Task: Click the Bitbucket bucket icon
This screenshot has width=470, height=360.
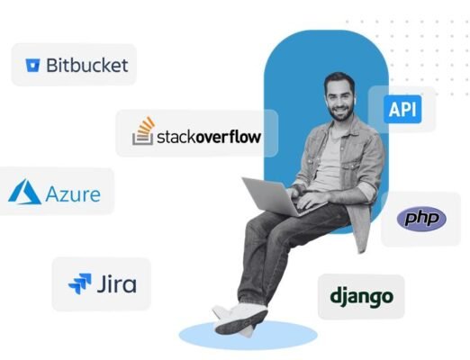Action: (x=32, y=65)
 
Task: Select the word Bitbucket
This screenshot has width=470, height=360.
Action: (x=87, y=65)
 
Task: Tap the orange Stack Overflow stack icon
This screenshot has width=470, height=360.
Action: (x=144, y=130)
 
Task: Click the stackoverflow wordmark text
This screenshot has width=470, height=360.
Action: (x=209, y=137)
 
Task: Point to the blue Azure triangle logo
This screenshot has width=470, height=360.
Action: (x=24, y=192)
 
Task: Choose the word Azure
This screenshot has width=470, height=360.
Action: (x=73, y=194)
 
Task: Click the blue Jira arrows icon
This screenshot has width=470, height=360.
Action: (x=80, y=283)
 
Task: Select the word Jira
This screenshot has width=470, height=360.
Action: (x=117, y=283)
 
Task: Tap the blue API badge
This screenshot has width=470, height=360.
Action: (x=402, y=109)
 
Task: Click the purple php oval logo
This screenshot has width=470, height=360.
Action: (x=421, y=219)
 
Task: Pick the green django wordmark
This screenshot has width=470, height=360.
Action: (x=361, y=296)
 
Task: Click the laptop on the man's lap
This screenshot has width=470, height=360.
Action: (x=276, y=196)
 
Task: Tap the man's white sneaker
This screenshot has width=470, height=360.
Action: (x=240, y=318)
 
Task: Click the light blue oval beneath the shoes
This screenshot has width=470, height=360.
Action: (x=248, y=335)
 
